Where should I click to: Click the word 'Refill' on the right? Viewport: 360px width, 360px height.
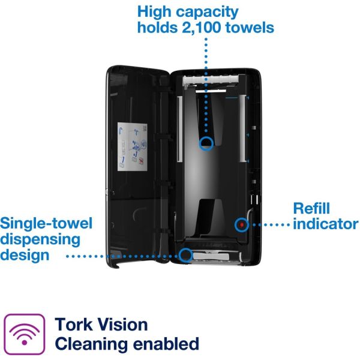tap(315, 209)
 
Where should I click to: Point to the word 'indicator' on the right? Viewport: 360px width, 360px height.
tap(326, 225)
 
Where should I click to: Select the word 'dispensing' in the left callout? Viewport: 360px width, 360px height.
tap(41, 239)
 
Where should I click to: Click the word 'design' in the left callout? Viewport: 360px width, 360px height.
tap(25, 255)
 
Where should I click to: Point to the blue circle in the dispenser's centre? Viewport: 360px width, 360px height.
tap(206, 143)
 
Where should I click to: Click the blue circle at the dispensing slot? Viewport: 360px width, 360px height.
tap(186, 255)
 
